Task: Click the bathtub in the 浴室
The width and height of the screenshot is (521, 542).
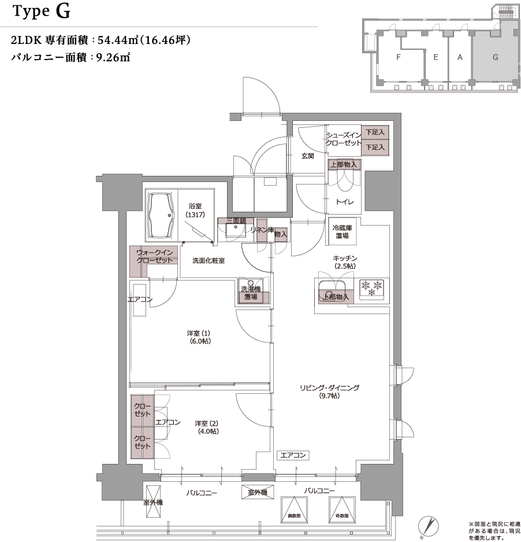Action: tap(162, 216)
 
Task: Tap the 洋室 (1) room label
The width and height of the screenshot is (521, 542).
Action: tap(199, 337)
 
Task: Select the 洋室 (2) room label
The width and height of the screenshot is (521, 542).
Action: tap(207, 427)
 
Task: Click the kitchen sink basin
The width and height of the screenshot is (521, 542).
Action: tap(332, 287)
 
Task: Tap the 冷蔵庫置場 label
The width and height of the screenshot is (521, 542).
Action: tap(341, 231)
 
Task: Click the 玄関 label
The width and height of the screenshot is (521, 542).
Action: tap(307, 156)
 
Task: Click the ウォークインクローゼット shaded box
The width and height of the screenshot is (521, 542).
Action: tap(154, 256)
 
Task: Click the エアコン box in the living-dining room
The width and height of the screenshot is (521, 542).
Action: tap(292, 455)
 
